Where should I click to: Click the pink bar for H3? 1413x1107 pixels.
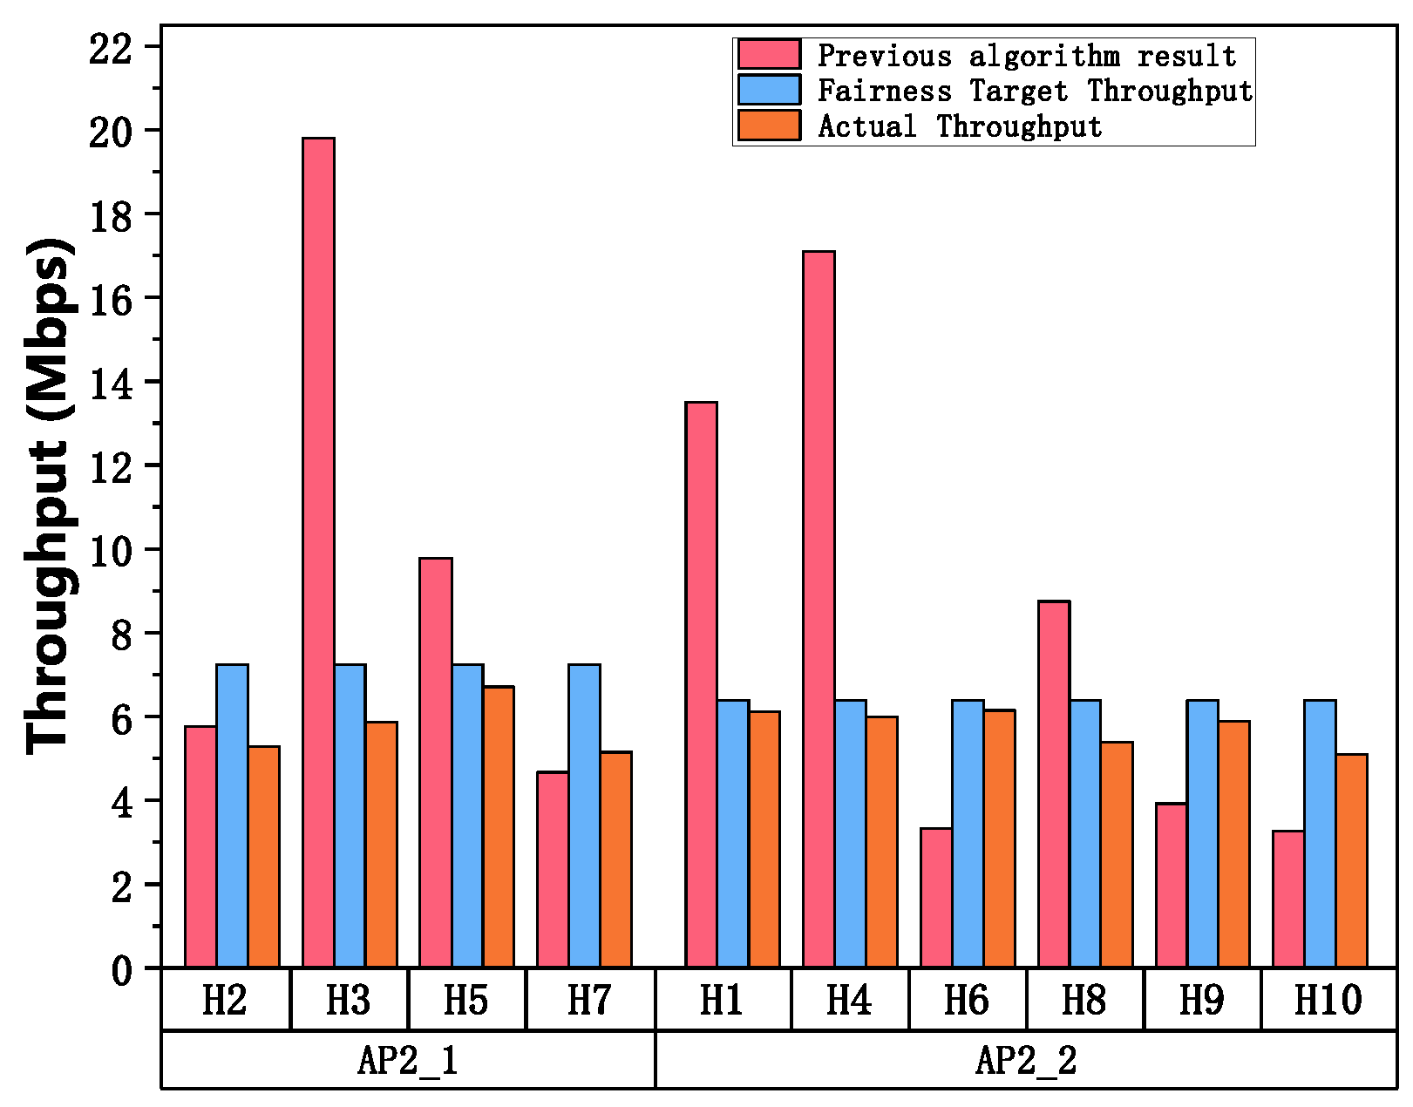[318, 553]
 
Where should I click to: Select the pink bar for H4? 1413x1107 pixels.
[819, 609]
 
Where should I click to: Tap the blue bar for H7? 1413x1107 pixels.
[584, 816]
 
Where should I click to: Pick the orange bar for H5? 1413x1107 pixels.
[499, 827]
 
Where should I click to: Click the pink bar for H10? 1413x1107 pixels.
[1288, 900]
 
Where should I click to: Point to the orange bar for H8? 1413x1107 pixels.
[1117, 855]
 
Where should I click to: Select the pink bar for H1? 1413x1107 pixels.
[701, 685]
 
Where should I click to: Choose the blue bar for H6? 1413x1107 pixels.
[968, 834]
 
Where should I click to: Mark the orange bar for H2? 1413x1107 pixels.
[264, 857]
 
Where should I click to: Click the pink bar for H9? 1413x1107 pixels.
[1171, 886]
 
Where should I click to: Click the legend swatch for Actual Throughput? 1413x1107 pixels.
[769, 126]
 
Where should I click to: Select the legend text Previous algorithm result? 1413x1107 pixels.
[1026, 56]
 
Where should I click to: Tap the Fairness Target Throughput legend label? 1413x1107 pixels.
[1034, 91]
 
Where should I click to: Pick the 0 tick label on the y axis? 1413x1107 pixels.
[122, 969]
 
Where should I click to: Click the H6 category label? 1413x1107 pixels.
[967, 1000]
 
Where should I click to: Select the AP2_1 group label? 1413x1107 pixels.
[407, 1060]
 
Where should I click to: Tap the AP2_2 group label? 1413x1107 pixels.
[1026, 1060]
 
